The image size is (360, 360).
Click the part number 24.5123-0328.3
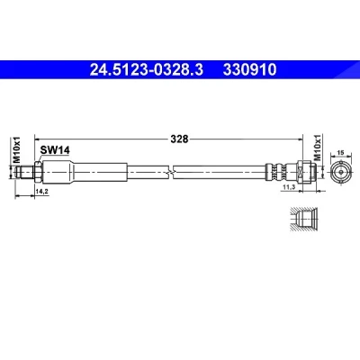[147, 69]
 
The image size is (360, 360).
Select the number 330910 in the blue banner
[249, 69]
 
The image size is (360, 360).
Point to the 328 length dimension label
[179, 139]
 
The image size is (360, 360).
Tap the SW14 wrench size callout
[55, 150]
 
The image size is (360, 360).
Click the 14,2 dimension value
[42, 192]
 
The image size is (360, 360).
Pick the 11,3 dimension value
[289, 187]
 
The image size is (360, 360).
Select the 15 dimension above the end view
[340, 153]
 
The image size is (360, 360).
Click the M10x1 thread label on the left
[17, 149]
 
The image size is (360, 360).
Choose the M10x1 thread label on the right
[318, 148]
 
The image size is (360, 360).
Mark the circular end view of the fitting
[341, 172]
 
